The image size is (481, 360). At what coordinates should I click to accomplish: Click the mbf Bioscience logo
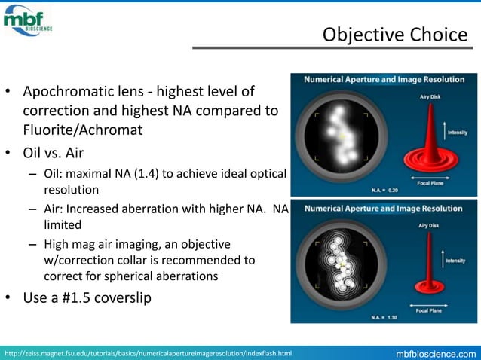pyautogui.click(x=28, y=20)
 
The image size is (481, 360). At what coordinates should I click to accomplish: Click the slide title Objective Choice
pyautogui.click(x=394, y=35)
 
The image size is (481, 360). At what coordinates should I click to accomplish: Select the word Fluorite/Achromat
pyautogui.click(x=83, y=129)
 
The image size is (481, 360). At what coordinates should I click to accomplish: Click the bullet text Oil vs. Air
pyautogui.click(x=54, y=154)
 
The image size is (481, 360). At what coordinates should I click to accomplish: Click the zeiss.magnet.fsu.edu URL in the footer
pyautogui.click(x=148, y=353)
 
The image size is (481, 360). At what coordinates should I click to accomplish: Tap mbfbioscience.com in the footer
pyautogui.click(x=437, y=353)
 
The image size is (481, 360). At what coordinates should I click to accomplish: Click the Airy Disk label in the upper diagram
pyautogui.click(x=431, y=96)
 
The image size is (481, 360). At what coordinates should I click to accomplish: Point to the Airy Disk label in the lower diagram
pyautogui.click(x=431, y=224)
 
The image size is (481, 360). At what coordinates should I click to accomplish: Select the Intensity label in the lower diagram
pyautogui.click(x=456, y=261)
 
